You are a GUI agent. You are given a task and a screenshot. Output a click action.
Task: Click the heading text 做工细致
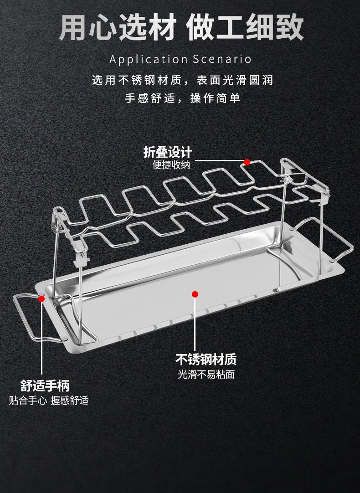pyautogui.click(x=245, y=28)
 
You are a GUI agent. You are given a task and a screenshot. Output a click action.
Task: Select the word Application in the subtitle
pyautogui.click(x=148, y=59)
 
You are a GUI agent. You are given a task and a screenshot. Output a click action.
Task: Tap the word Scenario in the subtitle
pyautogui.click(x=222, y=59)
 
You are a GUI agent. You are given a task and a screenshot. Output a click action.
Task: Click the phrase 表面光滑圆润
pyautogui.click(x=234, y=80)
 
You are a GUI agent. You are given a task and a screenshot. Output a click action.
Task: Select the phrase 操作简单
pyautogui.click(x=215, y=98)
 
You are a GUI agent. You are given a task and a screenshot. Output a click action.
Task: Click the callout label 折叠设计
pyautogui.click(x=168, y=151)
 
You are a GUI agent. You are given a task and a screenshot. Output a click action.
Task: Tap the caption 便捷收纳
pyautogui.click(x=171, y=165)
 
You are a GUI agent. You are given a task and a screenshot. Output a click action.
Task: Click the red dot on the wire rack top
pyautogui.click(x=247, y=162)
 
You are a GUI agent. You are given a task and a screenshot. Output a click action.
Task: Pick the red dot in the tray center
pyautogui.click(x=195, y=294)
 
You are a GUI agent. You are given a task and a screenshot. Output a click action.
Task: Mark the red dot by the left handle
pyautogui.click(x=42, y=299)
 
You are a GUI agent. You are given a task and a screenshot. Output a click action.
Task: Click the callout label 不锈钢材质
pyautogui.click(x=206, y=360)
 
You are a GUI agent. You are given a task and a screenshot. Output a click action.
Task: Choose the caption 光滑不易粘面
pyautogui.click(x=206, y=375)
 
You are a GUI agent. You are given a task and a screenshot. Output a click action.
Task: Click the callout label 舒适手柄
pyautogui.click(x=45, y=386)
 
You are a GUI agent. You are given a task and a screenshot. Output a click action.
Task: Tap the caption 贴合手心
pyautogui.click(x=28, y=401)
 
